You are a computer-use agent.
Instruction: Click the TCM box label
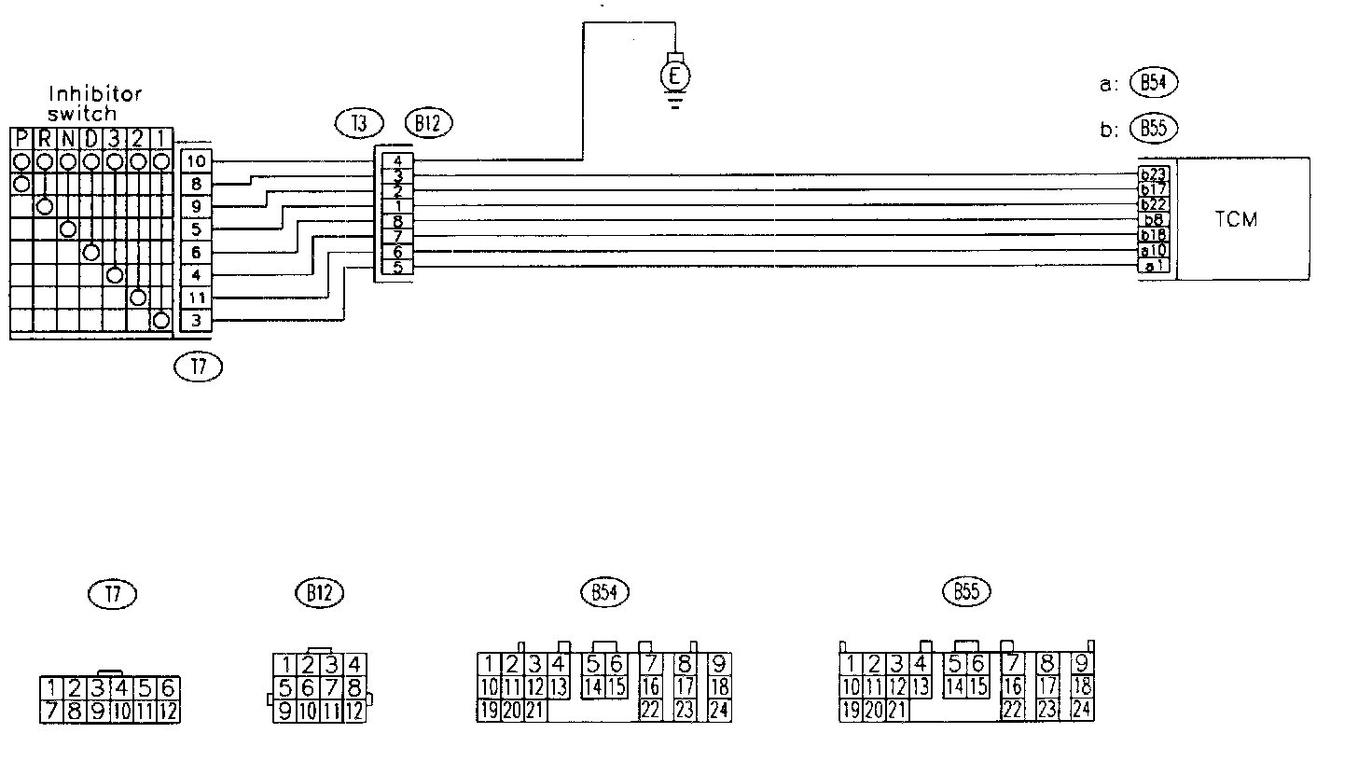(1237, 220)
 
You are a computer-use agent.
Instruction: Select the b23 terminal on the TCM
(1154, 174)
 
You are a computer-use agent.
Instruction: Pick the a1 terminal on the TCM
(1154, 267)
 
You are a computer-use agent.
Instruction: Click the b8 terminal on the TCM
(1154, 220)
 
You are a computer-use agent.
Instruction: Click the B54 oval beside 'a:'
(1153, 83)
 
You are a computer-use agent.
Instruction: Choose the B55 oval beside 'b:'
(1153, 129)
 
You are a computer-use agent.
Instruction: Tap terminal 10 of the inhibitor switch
(196, 161)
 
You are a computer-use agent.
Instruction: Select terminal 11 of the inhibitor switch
(196, 298)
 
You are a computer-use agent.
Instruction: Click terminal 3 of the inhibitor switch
(196, 321)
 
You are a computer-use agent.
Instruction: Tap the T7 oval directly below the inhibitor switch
(198, 367)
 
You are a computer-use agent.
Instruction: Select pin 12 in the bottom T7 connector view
(168, 713)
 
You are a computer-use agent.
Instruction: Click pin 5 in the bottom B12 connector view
(284, 688)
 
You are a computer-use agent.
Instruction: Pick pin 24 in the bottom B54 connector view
(719, 710)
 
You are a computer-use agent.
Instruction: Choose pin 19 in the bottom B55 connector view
(850, 710)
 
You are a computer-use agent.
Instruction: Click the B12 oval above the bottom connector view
(319, 592)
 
